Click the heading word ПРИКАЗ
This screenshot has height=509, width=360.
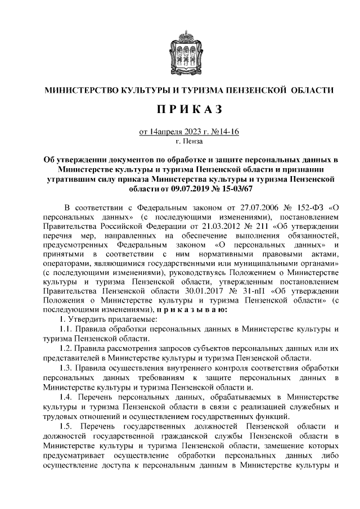coord(179,109)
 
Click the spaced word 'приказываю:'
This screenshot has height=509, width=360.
coord(192,309)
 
